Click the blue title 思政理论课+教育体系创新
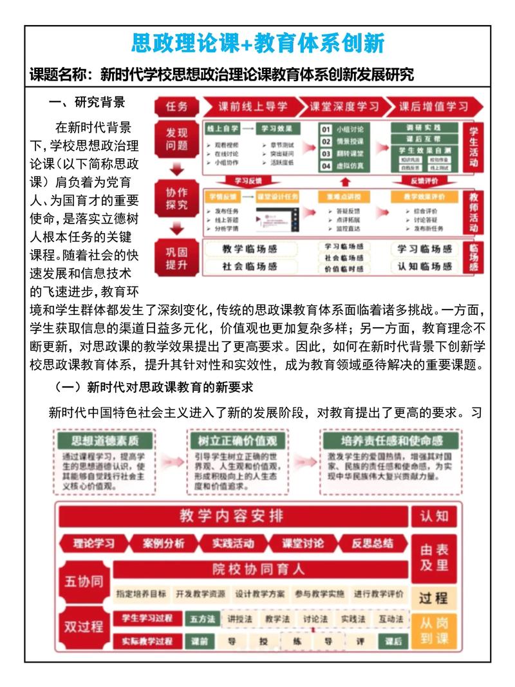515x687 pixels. [257, 44]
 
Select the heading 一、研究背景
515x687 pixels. [87, 102]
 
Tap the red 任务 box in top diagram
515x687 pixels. [176, 106]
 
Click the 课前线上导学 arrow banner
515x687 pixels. [252, 106]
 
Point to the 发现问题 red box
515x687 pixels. [176, 140]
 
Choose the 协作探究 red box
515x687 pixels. [176, 199]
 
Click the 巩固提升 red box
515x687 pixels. [176, 258]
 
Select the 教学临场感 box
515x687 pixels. [258, 249]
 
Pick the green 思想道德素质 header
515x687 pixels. [104, 440]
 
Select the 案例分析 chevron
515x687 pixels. [164, 543]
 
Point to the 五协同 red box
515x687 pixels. [83, 581]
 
